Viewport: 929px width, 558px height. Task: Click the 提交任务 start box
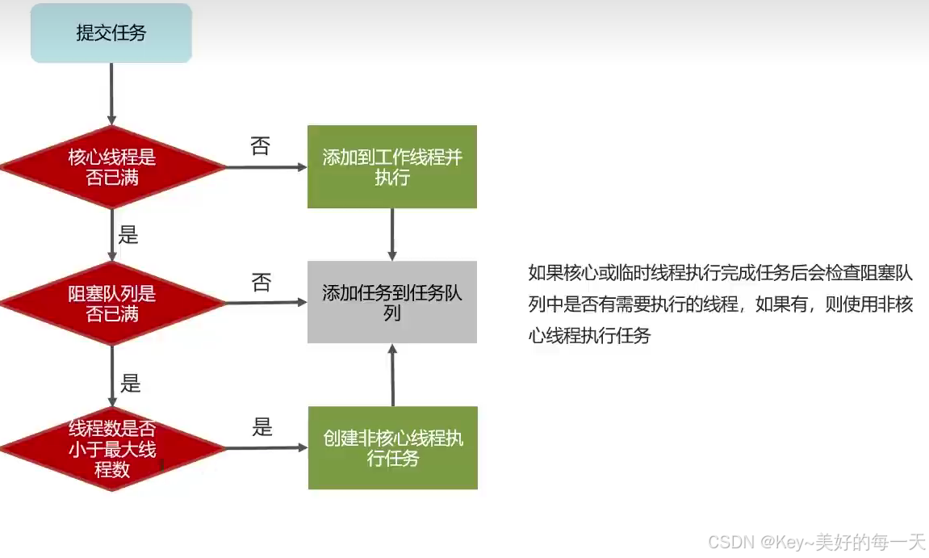[111, 33]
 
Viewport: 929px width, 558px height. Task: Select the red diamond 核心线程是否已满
[112, 167]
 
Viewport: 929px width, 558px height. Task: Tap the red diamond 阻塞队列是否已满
[112, 304]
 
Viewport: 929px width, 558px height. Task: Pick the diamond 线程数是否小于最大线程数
[112, 448]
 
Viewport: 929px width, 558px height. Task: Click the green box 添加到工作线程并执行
[392, 167]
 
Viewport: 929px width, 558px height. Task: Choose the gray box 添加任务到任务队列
[392, 302]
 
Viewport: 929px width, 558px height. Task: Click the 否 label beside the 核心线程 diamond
[260, 146]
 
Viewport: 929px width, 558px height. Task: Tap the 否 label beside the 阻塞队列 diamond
[261, 283]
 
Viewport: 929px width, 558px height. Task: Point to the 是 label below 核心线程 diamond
[128, 235]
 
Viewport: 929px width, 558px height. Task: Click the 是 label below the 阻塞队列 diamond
[130, 383]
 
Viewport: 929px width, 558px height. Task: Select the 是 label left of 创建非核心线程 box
[262, 427]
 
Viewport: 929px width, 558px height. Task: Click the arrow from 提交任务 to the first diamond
[111, 94]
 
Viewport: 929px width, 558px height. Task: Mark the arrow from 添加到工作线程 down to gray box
[392, 234]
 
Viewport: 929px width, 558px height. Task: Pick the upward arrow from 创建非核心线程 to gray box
[393, 375]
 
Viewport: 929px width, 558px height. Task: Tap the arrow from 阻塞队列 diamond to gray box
[267, 303]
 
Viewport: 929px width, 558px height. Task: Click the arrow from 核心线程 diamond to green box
[267, 168]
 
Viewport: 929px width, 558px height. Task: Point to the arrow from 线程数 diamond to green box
[267, 448]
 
